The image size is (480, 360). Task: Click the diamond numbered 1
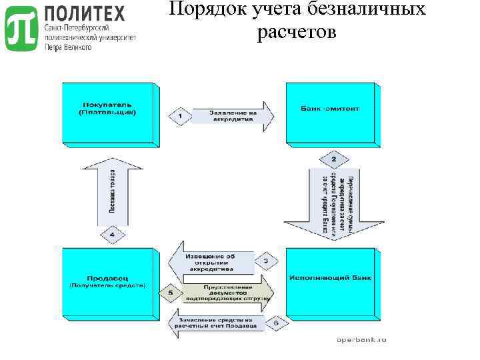[179, 117]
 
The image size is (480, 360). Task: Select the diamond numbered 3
[265, 261]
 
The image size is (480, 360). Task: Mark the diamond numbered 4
[112, 235]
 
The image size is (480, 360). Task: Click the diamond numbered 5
[171, 292]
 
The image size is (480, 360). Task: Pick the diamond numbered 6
[276, 324]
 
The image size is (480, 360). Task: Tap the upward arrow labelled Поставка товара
[112, 193]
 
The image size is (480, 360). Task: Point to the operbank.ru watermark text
[361, 339]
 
